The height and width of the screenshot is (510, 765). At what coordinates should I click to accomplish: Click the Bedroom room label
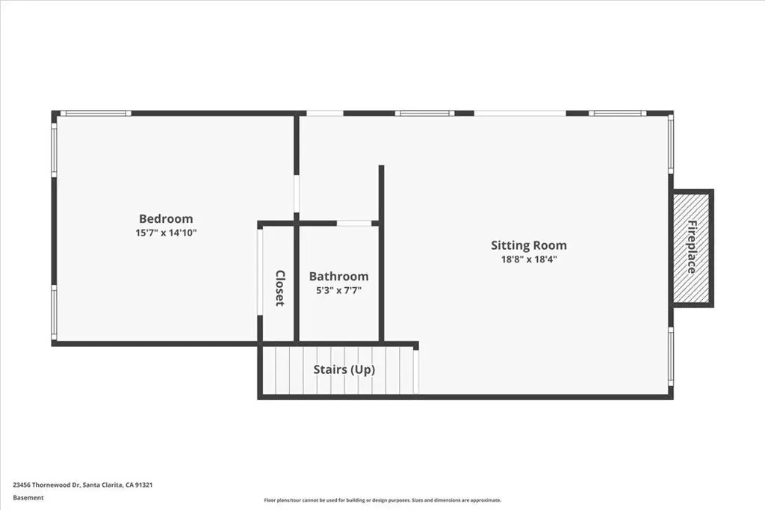[x=166, y=219]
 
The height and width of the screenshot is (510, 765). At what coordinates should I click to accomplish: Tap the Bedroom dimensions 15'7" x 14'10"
[x=166, y=233]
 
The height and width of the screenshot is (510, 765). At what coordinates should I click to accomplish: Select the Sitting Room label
[x=529, y=245]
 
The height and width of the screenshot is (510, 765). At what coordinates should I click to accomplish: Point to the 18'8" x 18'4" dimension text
[x=529, y=259]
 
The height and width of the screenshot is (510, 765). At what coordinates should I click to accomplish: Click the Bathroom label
[x=338, y=277]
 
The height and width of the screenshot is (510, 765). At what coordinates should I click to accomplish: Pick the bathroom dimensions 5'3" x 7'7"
[x=338, y=291]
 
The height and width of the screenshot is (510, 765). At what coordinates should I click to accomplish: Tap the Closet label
[x=279, y=288]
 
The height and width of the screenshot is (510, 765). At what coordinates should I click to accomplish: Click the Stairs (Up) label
[x=344, y=369]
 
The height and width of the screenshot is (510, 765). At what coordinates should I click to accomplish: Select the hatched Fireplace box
[x=691, y=248]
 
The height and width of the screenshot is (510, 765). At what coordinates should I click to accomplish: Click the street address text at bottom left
[x=82, y=485]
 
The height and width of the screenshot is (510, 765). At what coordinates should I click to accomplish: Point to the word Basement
[x=28, y=498]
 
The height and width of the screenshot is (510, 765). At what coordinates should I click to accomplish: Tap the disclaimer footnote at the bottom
[x=382, y=500]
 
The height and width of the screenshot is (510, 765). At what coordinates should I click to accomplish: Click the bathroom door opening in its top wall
[x=354, y=224]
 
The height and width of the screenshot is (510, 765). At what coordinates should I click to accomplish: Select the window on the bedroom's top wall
[x=96, y=114]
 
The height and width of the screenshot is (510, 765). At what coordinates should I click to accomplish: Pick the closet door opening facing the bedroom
[x=260, y=271]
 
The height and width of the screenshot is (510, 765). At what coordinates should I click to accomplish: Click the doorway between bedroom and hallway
[x=296, y=194]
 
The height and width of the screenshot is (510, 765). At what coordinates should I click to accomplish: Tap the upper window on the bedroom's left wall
[x=54, y=150]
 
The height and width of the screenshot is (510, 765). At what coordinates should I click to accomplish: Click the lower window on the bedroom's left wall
[x=54, y=313]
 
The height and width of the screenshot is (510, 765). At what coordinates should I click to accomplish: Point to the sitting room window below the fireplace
[x=671, y=356]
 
